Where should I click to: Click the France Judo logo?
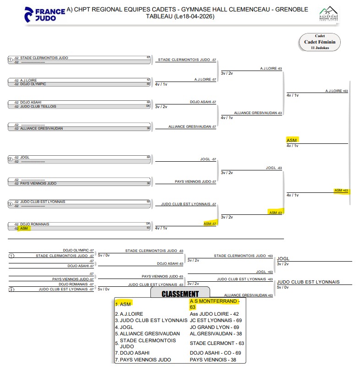pyautogui.click(x=44, y=14)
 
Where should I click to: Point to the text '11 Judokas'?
pyautogui.click(x=320, y=48)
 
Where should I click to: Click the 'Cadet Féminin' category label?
pyautogui.click(x=320, y=42)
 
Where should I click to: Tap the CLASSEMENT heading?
pyautogui.click(x=180, y=294)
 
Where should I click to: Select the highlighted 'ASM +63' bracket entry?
pyautogui.click(x=341, y=190)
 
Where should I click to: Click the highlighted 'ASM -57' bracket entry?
pyautogui.click(x=210, y=224)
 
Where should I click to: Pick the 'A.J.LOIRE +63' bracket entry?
pyautogui.click(x=337, y=91)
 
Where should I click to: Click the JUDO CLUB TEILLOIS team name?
pyautogui.click(x=38, y=106)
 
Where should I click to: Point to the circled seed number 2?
pyautogui.click(x=10, y=159)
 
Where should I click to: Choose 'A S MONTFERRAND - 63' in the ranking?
pyautogui.click(x=214, y=304)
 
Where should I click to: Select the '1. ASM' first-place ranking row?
pyautogui.click(x=123, y=304)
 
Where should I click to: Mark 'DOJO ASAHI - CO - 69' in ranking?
pyautogui.click(x=215, y=353)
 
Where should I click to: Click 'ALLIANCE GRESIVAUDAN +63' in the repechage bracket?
pyautogui.click(x=248, y=295)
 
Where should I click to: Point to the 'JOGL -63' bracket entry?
pyautogui.click(x=274, y=168)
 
